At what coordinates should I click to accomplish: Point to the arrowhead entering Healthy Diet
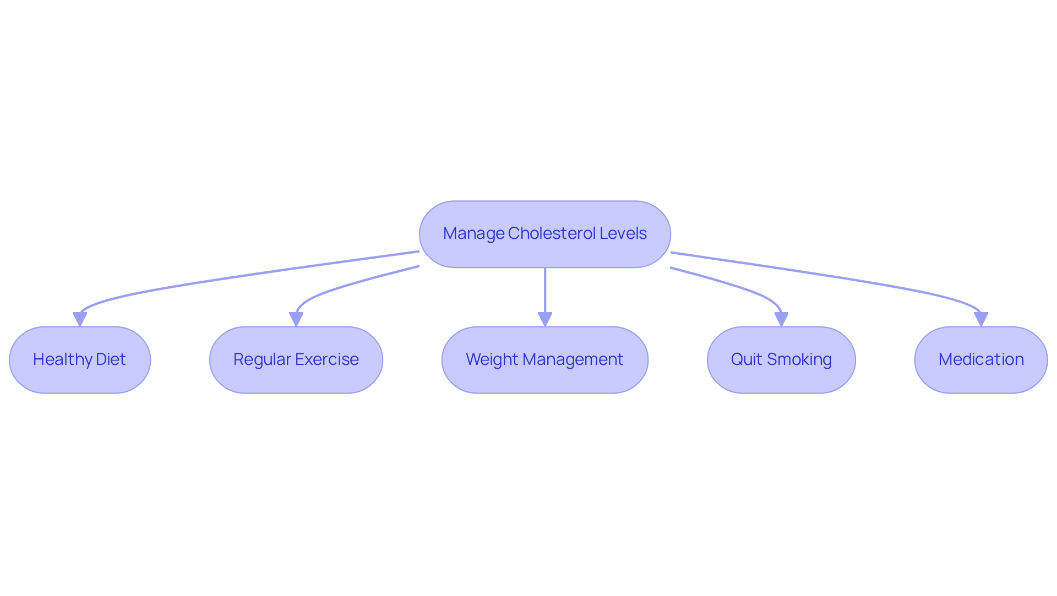click(80, 319)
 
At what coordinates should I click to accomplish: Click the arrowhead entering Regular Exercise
click(296, 319)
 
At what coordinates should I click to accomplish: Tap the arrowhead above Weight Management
click(545, 319)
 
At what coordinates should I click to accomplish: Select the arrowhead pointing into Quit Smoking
click(781, 319)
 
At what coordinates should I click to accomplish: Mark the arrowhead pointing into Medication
click(980, 319)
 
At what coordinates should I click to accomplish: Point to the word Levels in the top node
click(623, 233)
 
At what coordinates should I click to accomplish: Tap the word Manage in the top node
click(473, 233)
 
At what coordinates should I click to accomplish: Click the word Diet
click(111, 359)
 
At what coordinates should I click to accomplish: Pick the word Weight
click(492, 359)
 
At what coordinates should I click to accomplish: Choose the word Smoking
click(799, 359)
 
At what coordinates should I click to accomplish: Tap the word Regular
click(262, 359)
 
